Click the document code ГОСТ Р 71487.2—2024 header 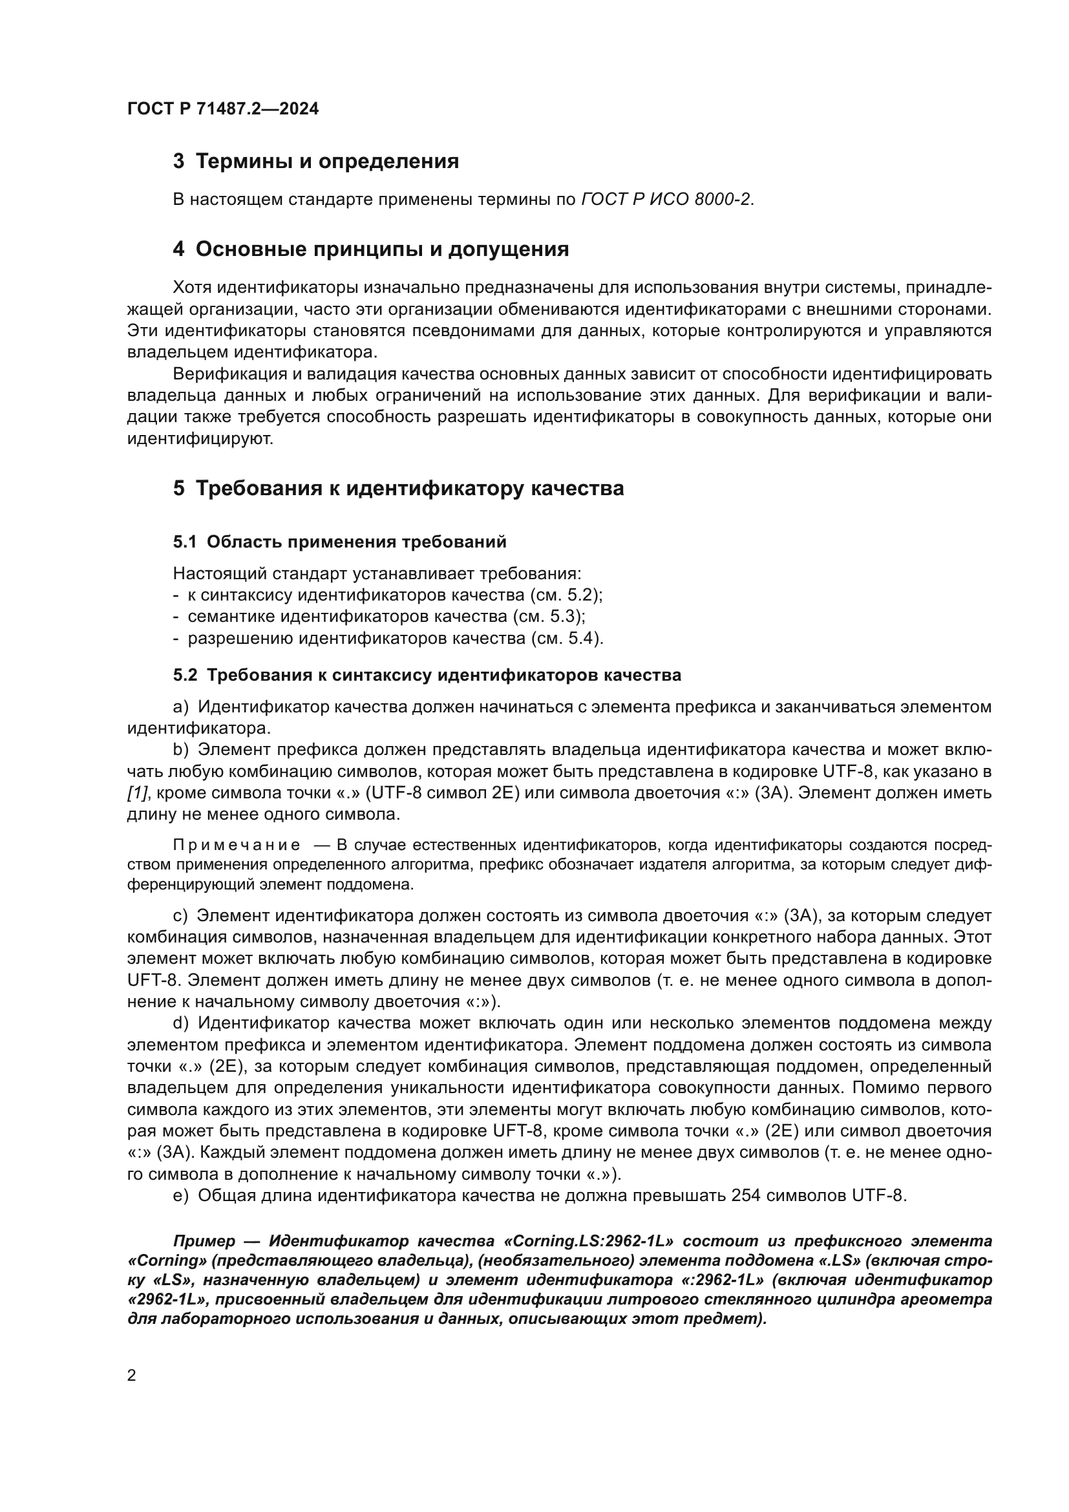(222, 109)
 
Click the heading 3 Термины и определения (315, 162)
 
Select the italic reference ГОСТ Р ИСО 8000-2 (666, 200)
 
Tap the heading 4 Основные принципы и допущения (370, 250)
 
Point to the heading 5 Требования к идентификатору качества (398, 489)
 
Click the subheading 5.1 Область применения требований (340, 542)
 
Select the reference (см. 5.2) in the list (566, 595)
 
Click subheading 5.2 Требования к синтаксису (427, 675)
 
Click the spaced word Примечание (237, 846)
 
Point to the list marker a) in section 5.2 (180, 707)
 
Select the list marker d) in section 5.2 (180, 1023)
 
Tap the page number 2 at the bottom (132, 1375)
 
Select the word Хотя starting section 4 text (191, 288)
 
